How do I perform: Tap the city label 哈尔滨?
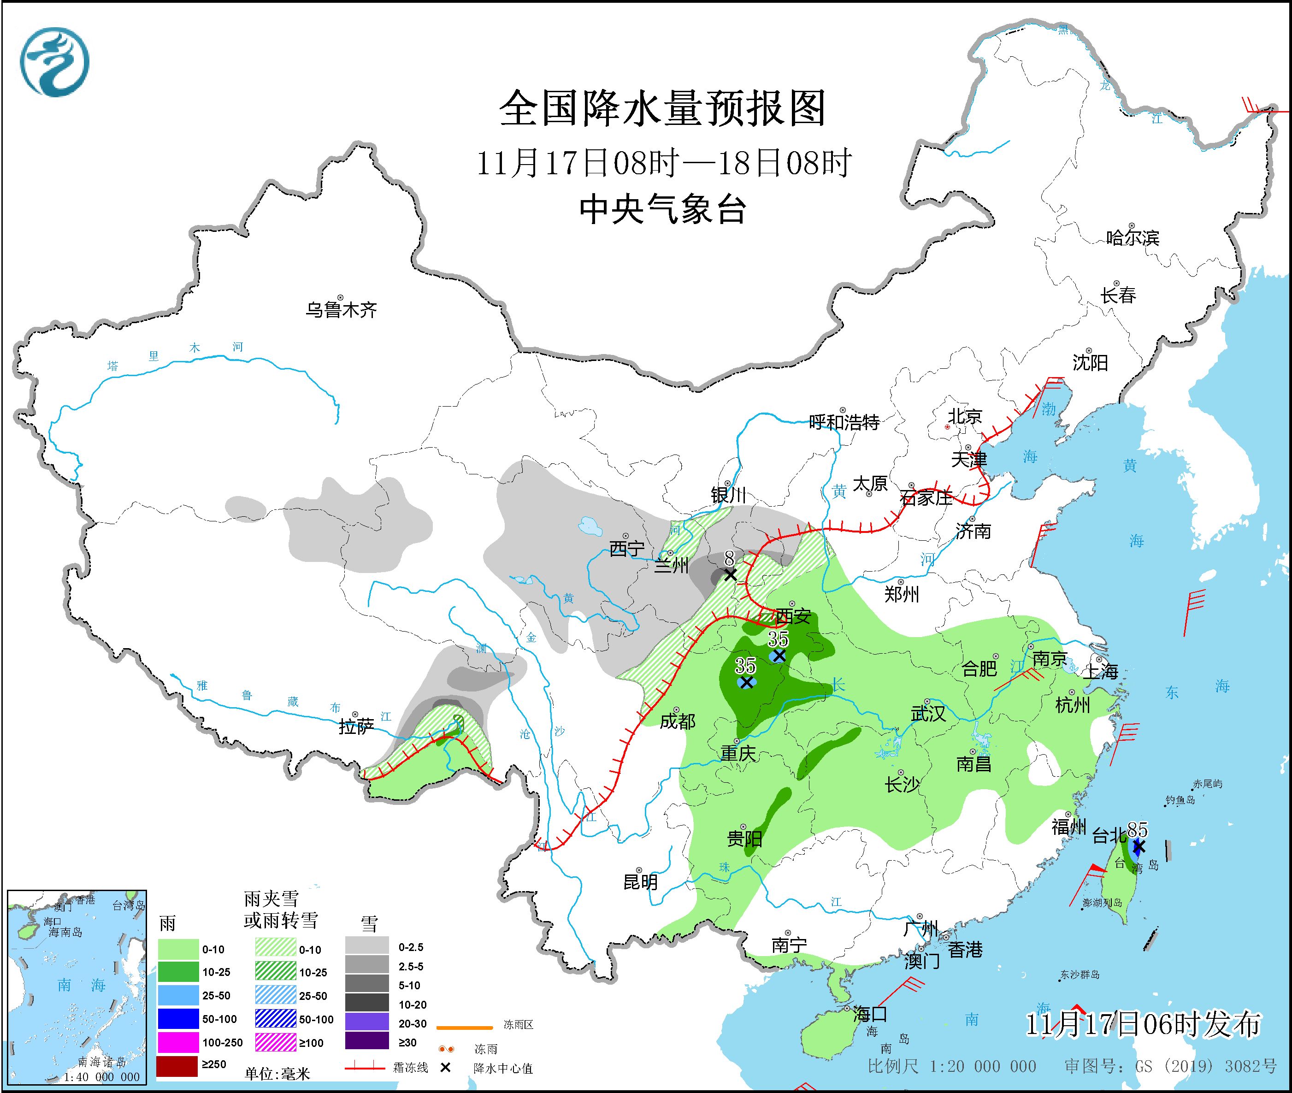coord(1132,238)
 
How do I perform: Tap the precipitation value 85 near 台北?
coord(1137,829)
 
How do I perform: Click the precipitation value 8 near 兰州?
coord(729,558)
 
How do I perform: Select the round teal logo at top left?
coord(54,61)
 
